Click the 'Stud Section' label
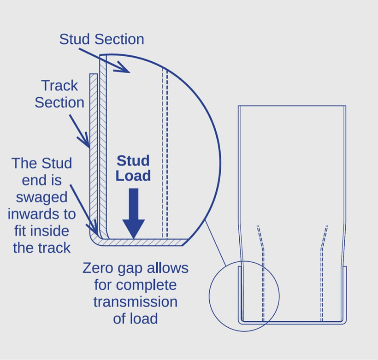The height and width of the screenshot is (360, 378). (101, 39)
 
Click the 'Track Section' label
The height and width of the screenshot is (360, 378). (59, 94)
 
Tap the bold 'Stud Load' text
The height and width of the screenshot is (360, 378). (133, 168)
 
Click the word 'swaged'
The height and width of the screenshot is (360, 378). (41, 197)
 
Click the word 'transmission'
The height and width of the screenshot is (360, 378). (135, 301)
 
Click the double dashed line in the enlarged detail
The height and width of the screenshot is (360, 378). (165, 152)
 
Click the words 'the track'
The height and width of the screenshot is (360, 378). (41, 248)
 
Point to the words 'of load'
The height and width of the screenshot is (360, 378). (135, 318)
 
